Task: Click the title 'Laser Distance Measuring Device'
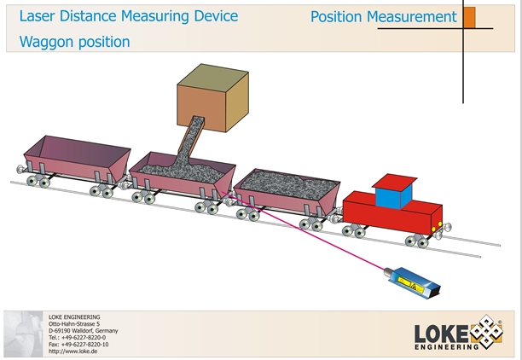[128, 16]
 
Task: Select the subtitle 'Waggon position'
[74, 41]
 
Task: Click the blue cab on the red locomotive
[393, 198]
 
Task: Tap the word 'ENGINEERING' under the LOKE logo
[446, 347]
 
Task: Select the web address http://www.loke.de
[74, 351]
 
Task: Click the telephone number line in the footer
[78, 337]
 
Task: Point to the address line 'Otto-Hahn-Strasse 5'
[74, 324]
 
